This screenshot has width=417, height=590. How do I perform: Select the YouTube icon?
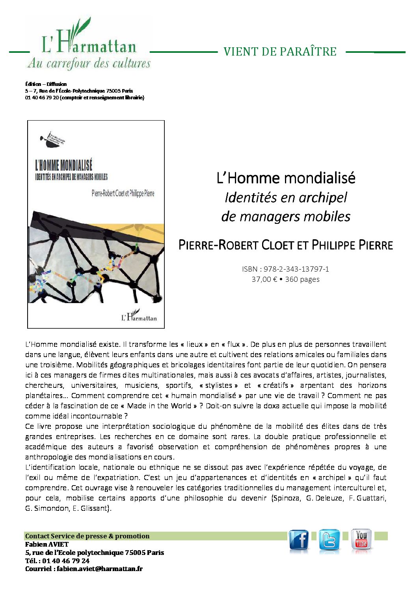click(x=361, y=540)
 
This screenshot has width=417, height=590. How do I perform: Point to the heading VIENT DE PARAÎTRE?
click(x=280, y=52)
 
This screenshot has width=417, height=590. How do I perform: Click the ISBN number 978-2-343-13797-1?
click(x=296, y=269)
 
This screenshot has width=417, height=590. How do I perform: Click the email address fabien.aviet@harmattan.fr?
click(x=99, y=569)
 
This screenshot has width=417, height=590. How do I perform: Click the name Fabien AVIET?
click(x=47, y=544)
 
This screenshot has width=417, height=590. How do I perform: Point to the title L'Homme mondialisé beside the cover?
click(x=286, y=178)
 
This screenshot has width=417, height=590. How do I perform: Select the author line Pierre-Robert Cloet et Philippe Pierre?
click(x=286, y=245)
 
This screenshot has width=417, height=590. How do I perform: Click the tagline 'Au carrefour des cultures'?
click(x=89, y=63)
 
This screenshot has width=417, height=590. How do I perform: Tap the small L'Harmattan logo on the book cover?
click(x=139, y=316)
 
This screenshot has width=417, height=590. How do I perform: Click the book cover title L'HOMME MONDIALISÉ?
click(x=64, y=165)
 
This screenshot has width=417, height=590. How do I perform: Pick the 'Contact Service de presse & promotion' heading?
click(x=87, y=536)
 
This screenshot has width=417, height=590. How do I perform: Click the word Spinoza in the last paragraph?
click(x=288, y=498)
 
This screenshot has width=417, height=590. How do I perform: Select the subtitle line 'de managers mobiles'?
click(x=286, y=216)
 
